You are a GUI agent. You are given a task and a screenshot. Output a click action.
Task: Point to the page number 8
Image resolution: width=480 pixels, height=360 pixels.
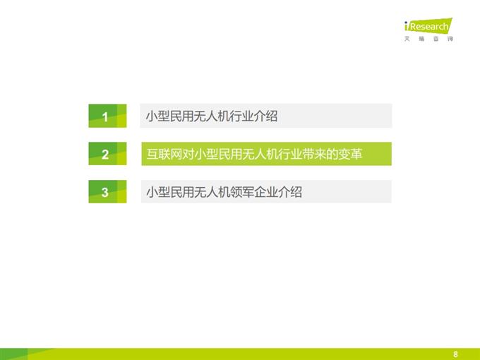(456, 354)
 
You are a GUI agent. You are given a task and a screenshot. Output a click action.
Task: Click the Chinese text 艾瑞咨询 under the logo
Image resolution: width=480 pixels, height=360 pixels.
(428, 39)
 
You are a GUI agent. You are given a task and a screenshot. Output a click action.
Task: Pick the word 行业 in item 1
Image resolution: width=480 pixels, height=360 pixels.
(236, 116)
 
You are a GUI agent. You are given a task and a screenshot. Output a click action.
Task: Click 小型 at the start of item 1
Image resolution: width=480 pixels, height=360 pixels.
(157, 116)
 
